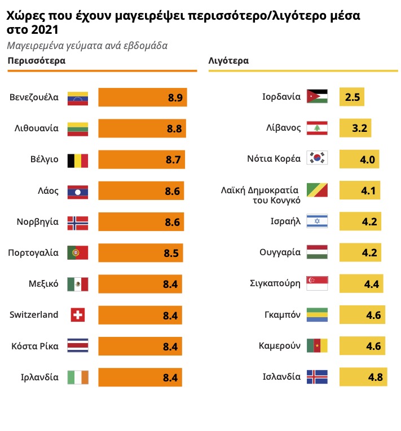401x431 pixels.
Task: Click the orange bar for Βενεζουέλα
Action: click(142, 97)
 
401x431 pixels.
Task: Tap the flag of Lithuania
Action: click(78, 128)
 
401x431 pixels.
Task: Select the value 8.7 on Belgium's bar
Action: click(173, 160)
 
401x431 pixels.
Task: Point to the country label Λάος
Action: click(48, 191)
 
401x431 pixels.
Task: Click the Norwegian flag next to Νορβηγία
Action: click(78, 222)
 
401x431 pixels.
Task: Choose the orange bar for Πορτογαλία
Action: click(140, 253)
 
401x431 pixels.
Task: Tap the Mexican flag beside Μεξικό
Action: click(78, 284)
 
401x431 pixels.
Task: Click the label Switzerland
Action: click(34, 315)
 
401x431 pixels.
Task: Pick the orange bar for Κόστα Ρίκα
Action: click(140, 346)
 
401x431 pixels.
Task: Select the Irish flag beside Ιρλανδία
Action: click(78, 377)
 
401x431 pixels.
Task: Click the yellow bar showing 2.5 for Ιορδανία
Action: click(352, 97)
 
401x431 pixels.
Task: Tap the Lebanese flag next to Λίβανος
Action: click(316, 128)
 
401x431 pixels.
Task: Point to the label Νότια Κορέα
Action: click(274, 159)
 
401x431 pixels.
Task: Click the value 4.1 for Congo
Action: click(368, 190)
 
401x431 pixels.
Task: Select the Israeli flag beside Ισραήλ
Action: click(316, 221)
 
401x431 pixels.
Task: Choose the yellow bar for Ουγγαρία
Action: click(360, 252)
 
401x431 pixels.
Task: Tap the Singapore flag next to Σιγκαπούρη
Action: click(316, 283)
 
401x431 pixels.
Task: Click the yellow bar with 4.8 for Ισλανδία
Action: click(363, 377)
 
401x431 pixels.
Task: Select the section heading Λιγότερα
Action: click(228, 60)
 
